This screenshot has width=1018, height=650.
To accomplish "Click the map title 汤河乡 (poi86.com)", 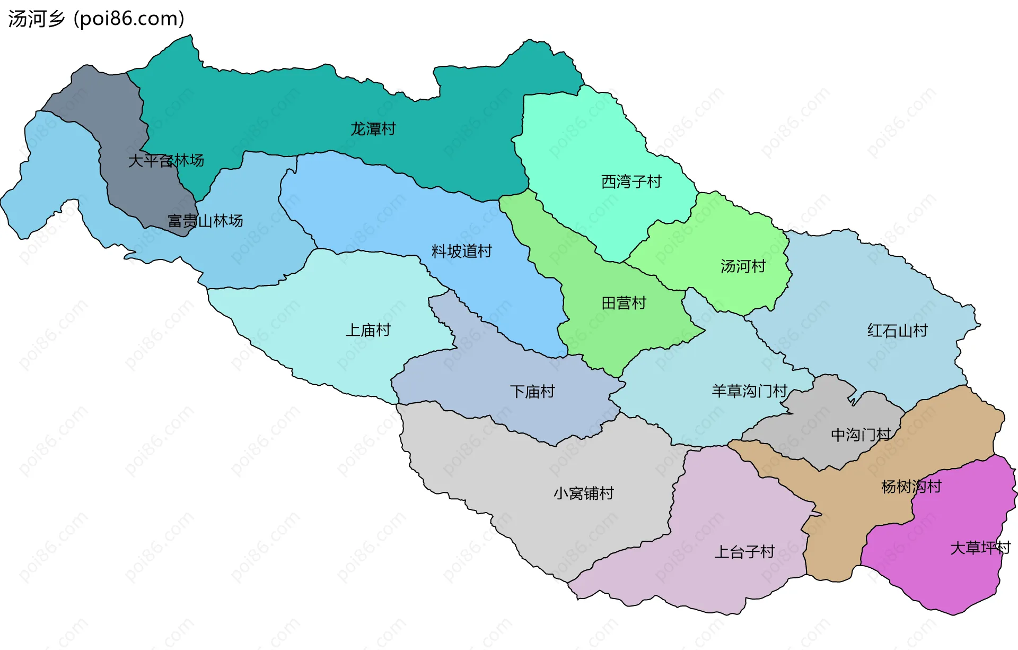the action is click(96, 19).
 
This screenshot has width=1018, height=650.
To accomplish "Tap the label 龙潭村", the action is click(373, 129).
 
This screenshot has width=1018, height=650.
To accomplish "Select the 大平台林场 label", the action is click(166, 160).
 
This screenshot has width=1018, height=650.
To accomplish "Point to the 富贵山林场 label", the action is click(205, 221).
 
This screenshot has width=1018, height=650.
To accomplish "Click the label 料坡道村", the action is click(461, 251).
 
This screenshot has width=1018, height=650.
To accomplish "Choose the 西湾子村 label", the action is click(631, 182).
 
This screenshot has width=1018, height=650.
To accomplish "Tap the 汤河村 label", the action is click(743, 266).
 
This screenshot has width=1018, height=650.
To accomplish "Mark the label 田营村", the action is click(624, 303).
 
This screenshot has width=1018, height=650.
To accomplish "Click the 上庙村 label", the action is click(368, 330).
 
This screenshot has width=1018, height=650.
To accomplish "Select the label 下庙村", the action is click(532, 392).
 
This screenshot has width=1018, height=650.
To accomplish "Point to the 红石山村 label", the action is click(897, 331).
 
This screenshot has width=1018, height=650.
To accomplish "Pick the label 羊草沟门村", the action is click(749, 391).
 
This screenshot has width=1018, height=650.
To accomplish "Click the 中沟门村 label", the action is click(861, 435).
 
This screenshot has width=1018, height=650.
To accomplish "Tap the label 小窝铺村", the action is click(583, 493).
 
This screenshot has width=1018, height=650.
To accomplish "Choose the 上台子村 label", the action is click(744, 552).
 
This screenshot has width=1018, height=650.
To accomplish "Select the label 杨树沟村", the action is click(911, 486).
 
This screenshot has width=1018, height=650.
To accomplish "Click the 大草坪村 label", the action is click(980, 548).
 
